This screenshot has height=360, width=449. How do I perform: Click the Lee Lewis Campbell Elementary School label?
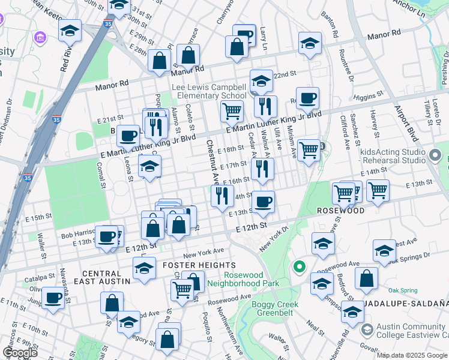click(x=209, y=91)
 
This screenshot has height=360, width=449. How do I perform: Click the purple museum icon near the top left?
click(x=41, y=39)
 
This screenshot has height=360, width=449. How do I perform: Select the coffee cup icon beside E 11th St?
click(x=53, y=298)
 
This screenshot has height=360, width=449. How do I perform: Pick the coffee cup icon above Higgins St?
click(x=307, y=98)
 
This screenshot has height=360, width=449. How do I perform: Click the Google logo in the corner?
click(x=20, y=353)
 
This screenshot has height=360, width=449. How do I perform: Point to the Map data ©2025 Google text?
click(x=411, y=355)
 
